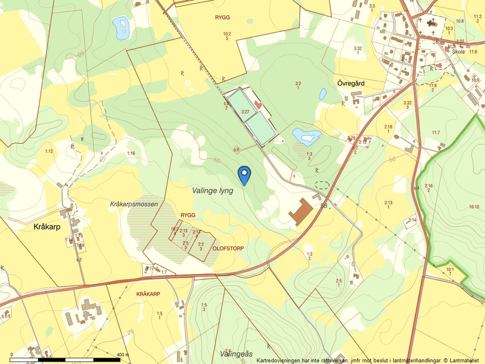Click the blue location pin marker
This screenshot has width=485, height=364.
click(x=244, y=173)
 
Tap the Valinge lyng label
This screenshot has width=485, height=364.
click(x=212, y=191)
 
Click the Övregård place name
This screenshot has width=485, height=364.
click(x=351, y=83)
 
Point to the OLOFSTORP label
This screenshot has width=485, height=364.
click(x=228, y=249)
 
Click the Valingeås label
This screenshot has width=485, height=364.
click(x=236, y=353)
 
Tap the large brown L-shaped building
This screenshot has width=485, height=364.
click(x=301, y=212)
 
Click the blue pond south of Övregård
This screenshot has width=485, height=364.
click(x=306, y=136)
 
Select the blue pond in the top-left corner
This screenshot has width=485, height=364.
click(x=122, y=27)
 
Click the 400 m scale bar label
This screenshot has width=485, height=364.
click(x=123, y=355)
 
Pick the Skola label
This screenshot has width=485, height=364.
click(x=459, y=52)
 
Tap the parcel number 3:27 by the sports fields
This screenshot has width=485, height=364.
click(x=245, y=111)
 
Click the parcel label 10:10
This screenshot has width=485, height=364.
click(x=474, y=207)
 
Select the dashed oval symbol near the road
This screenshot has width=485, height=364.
click(x=321, y=185)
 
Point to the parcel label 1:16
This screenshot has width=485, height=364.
click(x=131, y=153)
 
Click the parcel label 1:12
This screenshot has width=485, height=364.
click(x=49, y=152)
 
